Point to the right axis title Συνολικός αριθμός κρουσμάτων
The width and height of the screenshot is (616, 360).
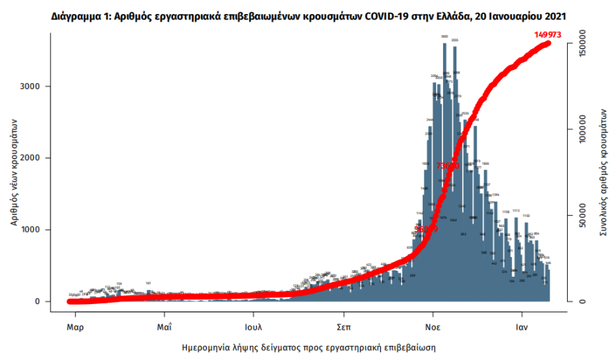coord(603,172)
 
